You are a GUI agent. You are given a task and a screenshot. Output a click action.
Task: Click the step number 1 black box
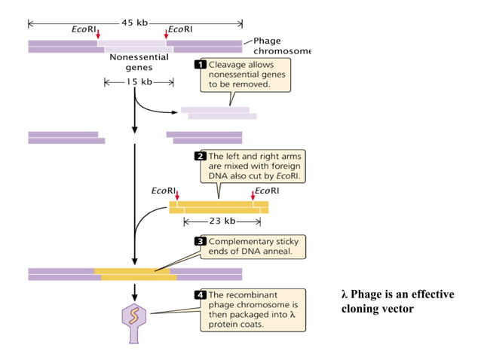201,65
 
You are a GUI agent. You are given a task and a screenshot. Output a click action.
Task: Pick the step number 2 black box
201,156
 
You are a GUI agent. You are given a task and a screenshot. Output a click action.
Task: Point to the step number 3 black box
201,242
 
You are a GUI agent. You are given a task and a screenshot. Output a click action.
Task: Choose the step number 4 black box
201,294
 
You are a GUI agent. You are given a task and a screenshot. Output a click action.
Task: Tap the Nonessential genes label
134,62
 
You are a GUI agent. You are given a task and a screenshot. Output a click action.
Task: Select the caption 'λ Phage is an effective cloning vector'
397,301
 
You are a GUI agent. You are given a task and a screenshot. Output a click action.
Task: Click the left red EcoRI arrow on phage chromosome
98,35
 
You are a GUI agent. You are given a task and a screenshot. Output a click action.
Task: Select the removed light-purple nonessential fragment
219,113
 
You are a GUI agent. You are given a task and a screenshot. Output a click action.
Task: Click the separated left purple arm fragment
66,137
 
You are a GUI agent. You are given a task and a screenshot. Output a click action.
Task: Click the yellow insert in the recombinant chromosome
136,274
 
